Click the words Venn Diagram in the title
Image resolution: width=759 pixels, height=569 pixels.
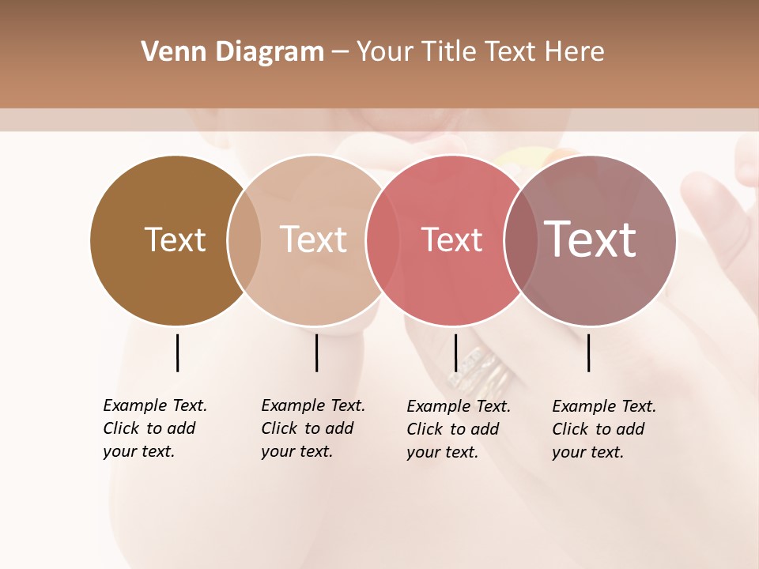(x=232, y=52)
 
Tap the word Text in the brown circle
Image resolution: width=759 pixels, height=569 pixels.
(x=175, y=239)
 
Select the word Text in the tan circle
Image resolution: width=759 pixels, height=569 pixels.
(x=313, y=239)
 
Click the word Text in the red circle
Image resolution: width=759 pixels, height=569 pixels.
(x=451, y=240)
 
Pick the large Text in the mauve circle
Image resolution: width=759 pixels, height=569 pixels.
(x=590, y=239)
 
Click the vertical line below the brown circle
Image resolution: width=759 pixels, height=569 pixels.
(x=177, y=352)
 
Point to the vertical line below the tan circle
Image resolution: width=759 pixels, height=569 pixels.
(x=316, y=352)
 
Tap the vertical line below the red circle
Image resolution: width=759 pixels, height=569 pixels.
(x=455, y=352)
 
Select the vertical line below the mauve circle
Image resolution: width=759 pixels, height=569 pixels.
(x=589, y=352)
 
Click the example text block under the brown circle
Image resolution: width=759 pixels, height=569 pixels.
(x=154, y=428)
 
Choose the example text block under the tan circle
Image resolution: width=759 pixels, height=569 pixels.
(x=312, y=428)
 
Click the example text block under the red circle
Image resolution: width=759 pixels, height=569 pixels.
(x=458, y=429)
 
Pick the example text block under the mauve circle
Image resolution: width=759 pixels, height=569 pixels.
(x=603, y=429)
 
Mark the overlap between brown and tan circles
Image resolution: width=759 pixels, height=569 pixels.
(x=244, y=240)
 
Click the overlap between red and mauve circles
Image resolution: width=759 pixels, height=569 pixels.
(x=521, y=240)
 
